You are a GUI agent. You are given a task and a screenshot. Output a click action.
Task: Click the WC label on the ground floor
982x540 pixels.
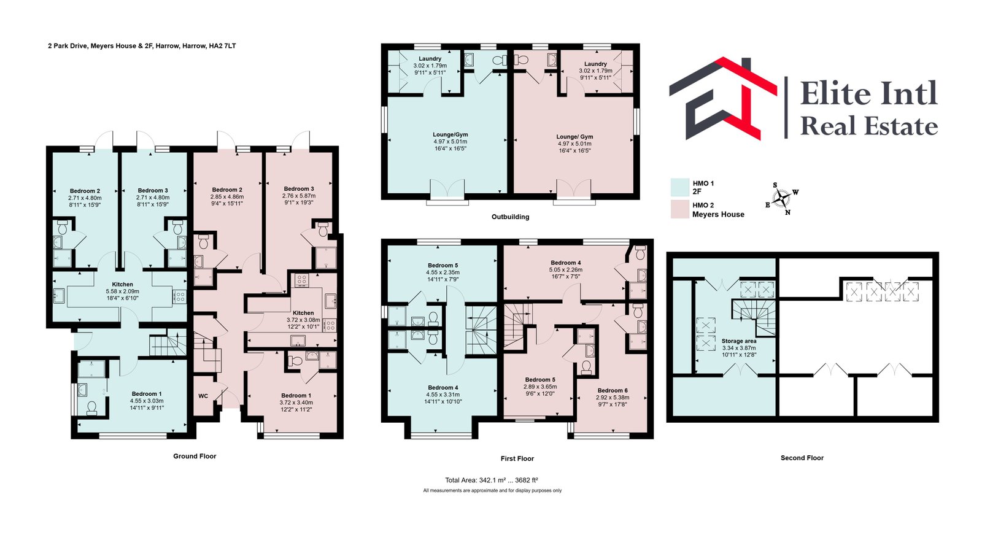click(203, 396)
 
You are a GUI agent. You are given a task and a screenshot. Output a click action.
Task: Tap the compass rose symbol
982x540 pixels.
click(781, 199)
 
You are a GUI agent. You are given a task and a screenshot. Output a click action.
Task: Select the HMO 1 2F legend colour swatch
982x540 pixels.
click(679, 187)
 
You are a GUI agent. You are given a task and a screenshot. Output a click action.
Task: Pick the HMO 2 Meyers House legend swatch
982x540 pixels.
click(679, 209)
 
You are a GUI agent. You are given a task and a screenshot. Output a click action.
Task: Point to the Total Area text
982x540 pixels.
click(492, 480)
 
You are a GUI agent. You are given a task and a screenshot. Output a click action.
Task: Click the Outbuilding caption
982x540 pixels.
click(510, 217)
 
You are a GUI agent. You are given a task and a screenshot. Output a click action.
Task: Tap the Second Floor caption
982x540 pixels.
click(802, 458)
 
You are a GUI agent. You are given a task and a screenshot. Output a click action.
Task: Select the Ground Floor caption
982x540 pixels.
click(195, 456)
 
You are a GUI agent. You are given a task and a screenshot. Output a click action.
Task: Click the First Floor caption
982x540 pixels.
click(517, 458)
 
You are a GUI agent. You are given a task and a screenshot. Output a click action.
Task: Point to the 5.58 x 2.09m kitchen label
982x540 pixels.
click(122, 291)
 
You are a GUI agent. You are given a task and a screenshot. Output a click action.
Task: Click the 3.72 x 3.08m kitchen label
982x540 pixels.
click(303, 320)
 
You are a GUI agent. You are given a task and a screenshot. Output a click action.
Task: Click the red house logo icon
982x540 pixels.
click(724, 99)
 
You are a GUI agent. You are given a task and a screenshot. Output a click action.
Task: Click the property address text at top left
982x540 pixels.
click(142, 45)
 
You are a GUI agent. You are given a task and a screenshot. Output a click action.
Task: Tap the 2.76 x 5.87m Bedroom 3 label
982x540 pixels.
click(299, 196)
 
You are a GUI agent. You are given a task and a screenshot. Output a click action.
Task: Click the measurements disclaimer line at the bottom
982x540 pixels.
click(492, 490)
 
